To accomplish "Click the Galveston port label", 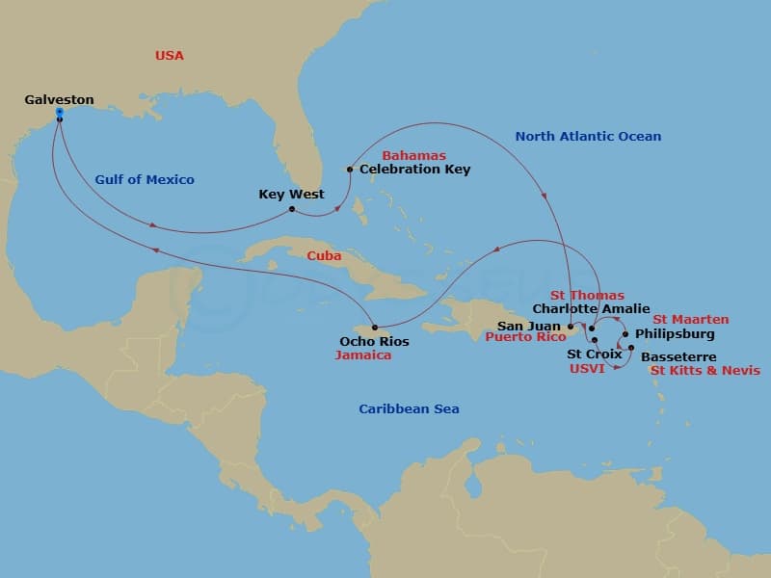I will (x=60, y=99).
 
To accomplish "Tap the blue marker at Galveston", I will (x=60, y=113).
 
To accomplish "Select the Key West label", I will (x=291, y=194).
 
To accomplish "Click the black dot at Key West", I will (x=292, y=208).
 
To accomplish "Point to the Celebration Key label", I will (x=414, y=170).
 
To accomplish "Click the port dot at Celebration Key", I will (x=350, y=171).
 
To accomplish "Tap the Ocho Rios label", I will (x=374, y=341).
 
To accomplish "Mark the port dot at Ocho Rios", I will (x=374, y=328).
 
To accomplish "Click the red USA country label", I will (x=169, y=56).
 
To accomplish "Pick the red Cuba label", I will (x=324, y=256).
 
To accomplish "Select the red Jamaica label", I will (x=362, y=355).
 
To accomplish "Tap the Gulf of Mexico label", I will (x=145, y=179).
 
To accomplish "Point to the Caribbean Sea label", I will (x=409, y=409).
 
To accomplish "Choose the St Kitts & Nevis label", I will (x=705, y=370).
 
